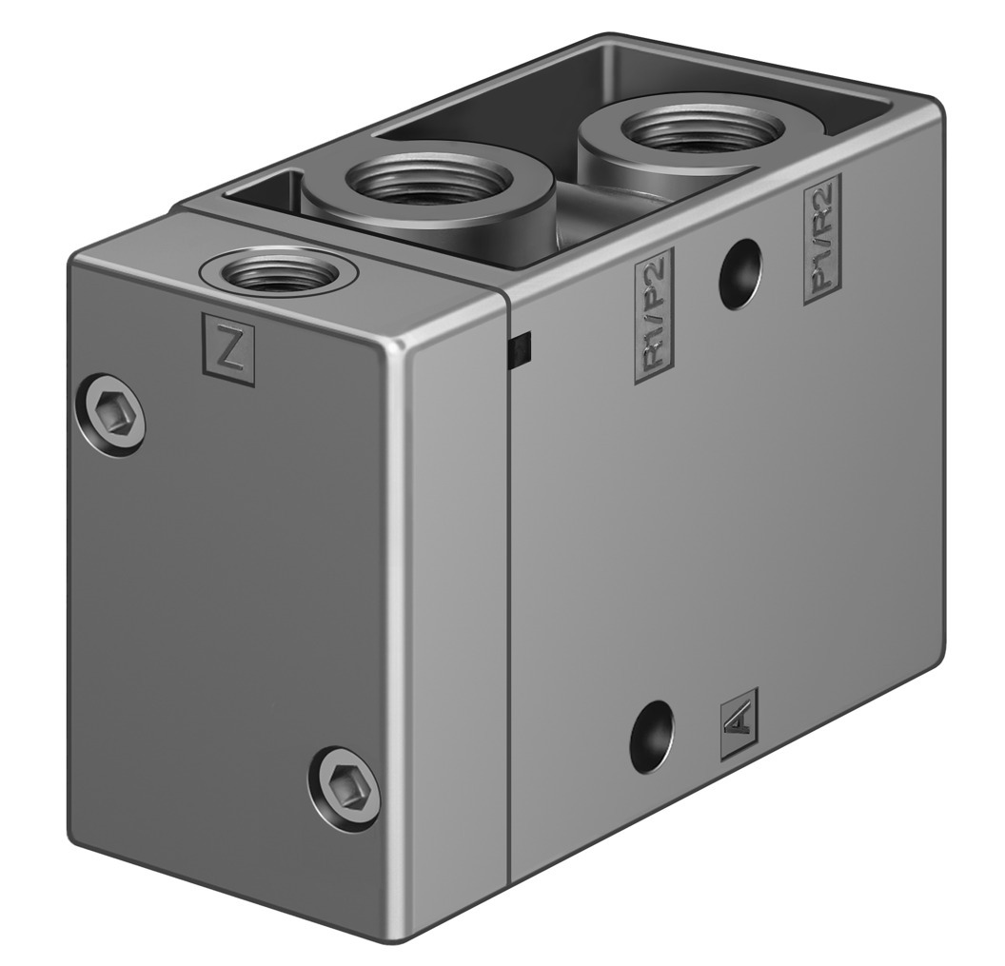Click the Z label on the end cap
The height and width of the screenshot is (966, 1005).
(x=229, y=350)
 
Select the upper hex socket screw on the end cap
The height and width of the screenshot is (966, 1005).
(x=112, y=415)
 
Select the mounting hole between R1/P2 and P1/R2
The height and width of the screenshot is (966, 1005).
(x=739, y=274)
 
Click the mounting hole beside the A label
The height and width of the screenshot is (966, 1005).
(x=653, y=738)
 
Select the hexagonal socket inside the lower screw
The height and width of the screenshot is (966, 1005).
(x=345, y=785)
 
